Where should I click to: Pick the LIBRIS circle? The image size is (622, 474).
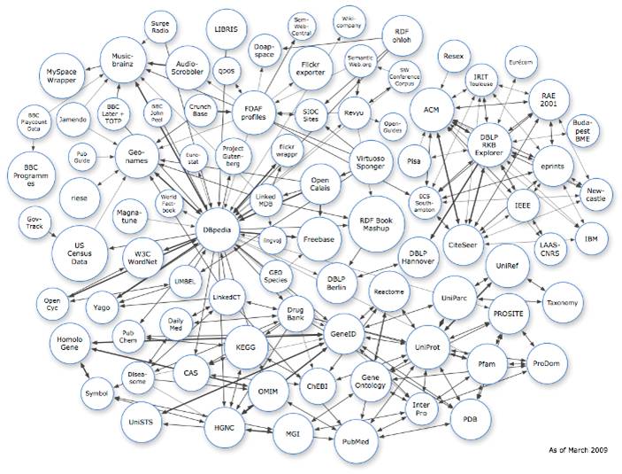pos(227,29)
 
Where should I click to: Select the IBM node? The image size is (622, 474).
pos(590,239)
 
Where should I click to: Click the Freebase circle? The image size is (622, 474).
pos(317,238)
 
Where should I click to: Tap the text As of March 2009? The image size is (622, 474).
pos(579,451)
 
